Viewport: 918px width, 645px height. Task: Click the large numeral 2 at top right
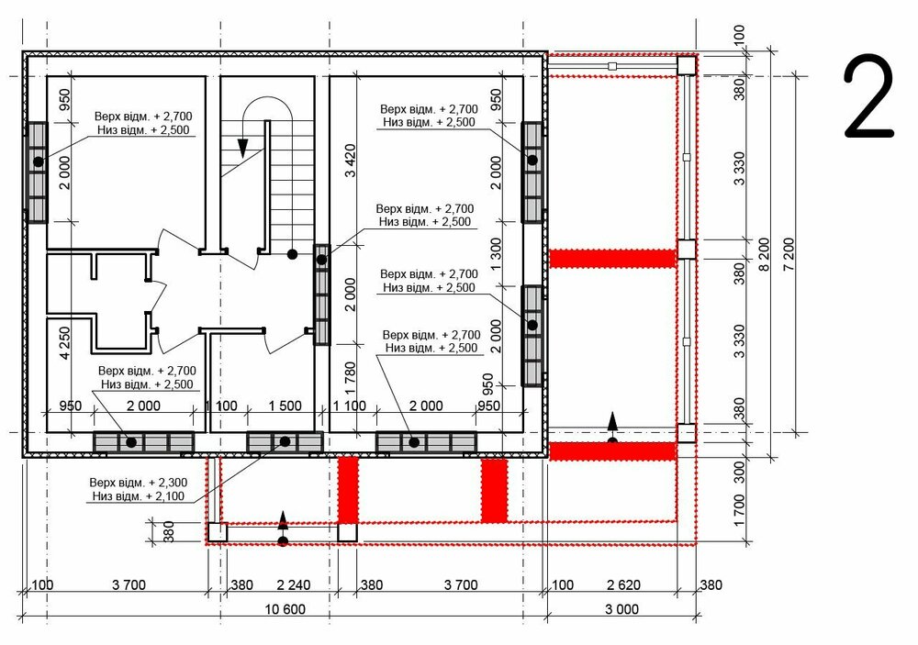coord(868,96)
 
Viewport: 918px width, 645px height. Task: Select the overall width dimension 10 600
coord(285,609)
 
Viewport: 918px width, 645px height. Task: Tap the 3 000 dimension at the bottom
coord(621,609)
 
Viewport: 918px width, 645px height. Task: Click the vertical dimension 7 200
coord(789,253)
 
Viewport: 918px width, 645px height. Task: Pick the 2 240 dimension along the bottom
coord(294,584)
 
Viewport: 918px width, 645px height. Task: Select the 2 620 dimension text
coord(623,584)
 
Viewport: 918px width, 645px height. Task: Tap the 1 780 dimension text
coord(350,378)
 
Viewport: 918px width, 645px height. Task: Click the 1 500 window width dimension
coord(285,406)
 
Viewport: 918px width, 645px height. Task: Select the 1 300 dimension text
coord(496,254)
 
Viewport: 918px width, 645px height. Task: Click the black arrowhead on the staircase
coord(243,149)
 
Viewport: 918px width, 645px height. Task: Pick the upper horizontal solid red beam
coord(613,258)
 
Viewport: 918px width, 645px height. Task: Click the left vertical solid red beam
coord(348,490)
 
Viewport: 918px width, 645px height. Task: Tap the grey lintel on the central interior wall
coord(321,295)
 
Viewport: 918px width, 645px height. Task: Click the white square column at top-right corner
coord(687,65)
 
